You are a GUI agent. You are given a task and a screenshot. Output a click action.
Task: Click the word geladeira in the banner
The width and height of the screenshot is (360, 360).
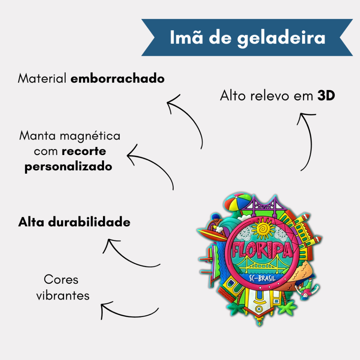pos(281,38)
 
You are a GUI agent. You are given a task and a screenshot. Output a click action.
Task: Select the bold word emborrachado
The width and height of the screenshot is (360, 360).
pos(117,79)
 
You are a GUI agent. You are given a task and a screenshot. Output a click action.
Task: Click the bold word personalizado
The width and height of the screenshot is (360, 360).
pos(68,167)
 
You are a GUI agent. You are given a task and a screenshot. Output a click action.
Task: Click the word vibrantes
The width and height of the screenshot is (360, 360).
pos(63,295)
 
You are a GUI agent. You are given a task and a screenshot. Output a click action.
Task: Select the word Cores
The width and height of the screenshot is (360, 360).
pos(61,280)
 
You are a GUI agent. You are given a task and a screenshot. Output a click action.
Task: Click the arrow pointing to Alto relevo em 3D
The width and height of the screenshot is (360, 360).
pos(306,141)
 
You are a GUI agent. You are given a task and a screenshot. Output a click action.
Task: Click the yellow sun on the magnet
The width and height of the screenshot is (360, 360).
pos(262,229)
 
